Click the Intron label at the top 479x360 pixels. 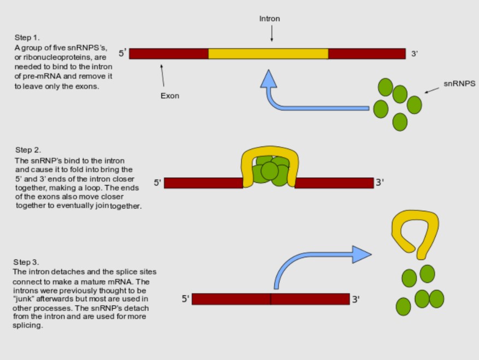pos(270,19)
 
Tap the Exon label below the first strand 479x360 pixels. pos(170,96)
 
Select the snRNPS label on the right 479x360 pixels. pos(459,83)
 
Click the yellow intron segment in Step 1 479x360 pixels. pos(268,54)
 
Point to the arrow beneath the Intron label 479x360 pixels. pos(272,33)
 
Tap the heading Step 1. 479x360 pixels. pos(27,38)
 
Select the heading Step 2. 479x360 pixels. pos(28,150)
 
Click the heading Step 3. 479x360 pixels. pos(26,262)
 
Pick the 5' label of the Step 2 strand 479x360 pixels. pos(157,182)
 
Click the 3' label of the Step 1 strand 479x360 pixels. pos(414,54)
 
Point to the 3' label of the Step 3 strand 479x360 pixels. pos(356,299)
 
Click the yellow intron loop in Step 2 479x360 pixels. pos(270,151)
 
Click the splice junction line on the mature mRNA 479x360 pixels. pos(271,299)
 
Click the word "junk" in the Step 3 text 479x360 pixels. pos(24,299)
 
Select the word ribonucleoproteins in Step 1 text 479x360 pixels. pos(57,57)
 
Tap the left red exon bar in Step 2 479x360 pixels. pos(203,183)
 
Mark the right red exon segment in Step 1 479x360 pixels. pos(367,54)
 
